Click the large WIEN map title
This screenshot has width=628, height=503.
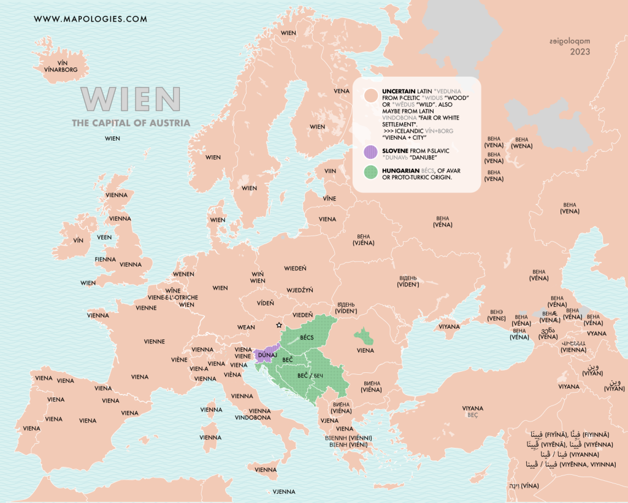click(x=131, y=98)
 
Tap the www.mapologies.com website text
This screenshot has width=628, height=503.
click(x=91, y=19)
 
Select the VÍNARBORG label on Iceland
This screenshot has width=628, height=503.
click(x=61, y=70)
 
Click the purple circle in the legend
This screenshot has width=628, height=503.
click(x=370, y=152)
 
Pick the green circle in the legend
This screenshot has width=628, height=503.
click(x=370, y=172)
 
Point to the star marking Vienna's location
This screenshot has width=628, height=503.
click(x=279, y=325)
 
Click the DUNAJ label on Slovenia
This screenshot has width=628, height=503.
click(x=268, y=355)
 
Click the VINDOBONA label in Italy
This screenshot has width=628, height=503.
click(x=253, y=418)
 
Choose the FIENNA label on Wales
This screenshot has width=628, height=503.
click(x=105, y=259)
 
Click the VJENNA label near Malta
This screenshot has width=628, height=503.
click(x=283, y=491)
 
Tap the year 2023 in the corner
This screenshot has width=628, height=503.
click(x=580, y=52)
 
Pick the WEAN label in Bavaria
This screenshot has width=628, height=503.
click(x=246, y=328)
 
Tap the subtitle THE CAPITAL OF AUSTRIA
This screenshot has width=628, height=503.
click(x=131, y=123)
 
